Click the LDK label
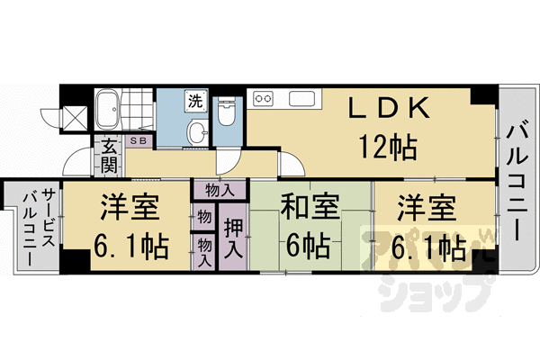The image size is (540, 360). point(389,110)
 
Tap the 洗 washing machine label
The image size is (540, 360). point(194,102)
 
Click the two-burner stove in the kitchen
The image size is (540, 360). point(264,97)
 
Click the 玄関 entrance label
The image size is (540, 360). point(109,155)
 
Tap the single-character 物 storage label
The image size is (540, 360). point(204,217)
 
